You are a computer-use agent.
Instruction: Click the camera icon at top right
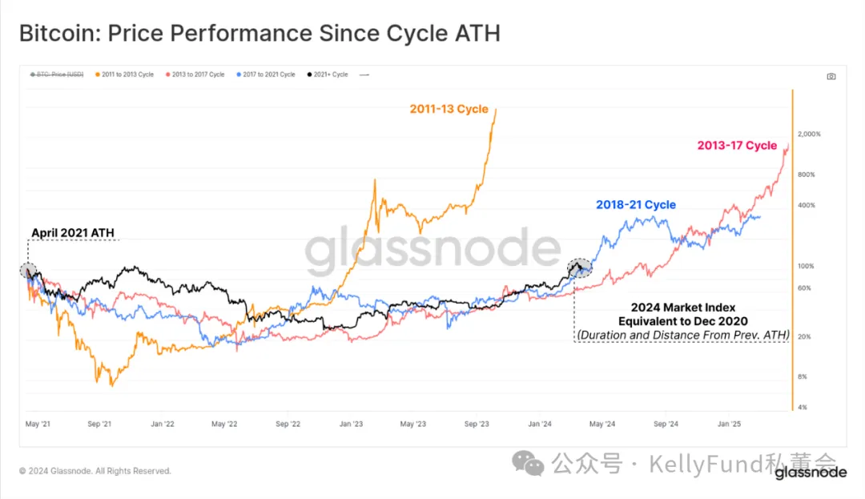point(831,76)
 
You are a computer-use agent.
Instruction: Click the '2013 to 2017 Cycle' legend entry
point(198,74)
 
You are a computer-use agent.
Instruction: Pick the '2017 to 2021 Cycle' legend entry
point(268,74)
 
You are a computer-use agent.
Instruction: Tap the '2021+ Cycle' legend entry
point(328,74)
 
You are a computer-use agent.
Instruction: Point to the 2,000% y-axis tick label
point(809,134)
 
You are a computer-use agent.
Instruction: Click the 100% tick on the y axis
point(805,266)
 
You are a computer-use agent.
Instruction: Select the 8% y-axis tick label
point(803,376)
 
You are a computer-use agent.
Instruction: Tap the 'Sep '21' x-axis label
point(99,422)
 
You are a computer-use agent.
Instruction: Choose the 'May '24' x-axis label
point(602,422)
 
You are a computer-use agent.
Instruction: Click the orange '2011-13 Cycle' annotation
point(449,109)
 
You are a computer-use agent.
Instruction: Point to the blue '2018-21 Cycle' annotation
point(635,205)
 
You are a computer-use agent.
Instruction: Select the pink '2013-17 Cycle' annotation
point(737,146)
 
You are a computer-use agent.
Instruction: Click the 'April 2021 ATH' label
point(72,233)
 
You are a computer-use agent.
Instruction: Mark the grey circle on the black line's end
point(579,268)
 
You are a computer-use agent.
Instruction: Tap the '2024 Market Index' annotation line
point(682,308)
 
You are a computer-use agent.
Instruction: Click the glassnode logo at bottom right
point(810,473)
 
